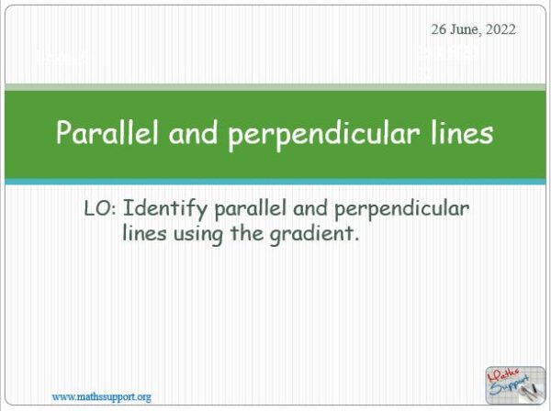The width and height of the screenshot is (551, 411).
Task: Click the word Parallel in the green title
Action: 98,133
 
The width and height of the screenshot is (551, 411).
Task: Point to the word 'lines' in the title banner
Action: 458,133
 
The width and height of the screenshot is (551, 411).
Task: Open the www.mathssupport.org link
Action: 101,396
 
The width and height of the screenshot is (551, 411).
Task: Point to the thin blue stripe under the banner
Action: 275,182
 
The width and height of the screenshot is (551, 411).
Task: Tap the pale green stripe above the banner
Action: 275,87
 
